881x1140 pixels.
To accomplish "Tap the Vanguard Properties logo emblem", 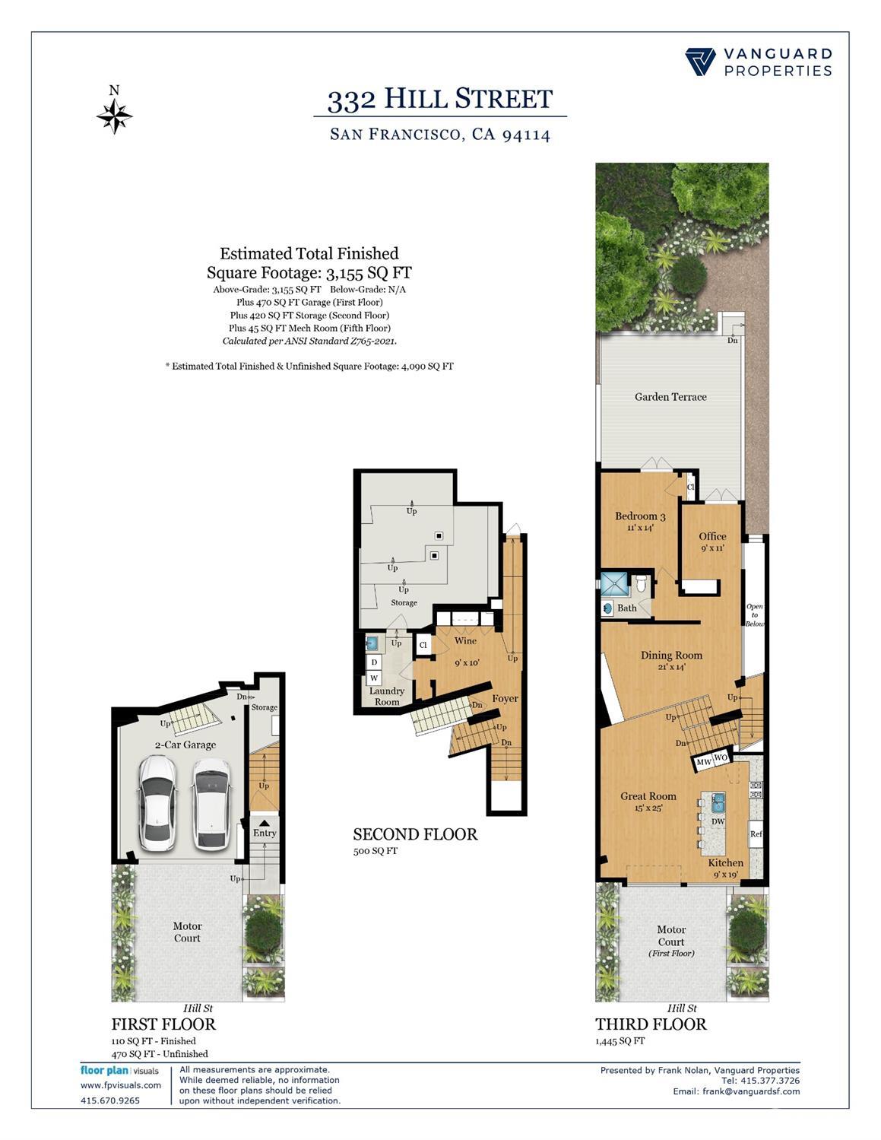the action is click(x=700, y=62).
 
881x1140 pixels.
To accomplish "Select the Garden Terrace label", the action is click(x=670, y=397).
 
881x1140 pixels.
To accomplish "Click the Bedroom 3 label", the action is click(x=640, y=516).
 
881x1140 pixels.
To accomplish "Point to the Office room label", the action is click(x=712, y=536).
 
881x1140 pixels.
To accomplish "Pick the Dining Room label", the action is click(x=671, y=656).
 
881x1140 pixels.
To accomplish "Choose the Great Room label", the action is click(x=648, y=796).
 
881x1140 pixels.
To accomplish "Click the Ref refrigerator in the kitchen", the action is click(x=756, y=834).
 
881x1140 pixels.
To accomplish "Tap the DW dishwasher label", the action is click(x=718, y=821).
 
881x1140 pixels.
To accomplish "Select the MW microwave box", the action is click(x=704, y=762).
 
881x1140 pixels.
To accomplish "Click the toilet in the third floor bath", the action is click(x=641, y=584).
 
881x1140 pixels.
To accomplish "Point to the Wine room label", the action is click(x=466, y=640).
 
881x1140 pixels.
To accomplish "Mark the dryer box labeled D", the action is click(x=375, y=662).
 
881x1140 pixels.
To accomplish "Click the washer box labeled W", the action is click(x=375, y=678).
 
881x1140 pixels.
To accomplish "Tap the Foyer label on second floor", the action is click(x=505, y=698).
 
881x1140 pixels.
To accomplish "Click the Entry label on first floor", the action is click(x=265, y=833).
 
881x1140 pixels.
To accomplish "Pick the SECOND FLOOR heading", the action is click(x=415, y=835).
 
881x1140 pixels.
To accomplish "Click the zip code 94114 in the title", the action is click(x=527, y=135).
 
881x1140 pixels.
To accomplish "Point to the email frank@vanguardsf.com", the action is click(x=737, y=1091).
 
